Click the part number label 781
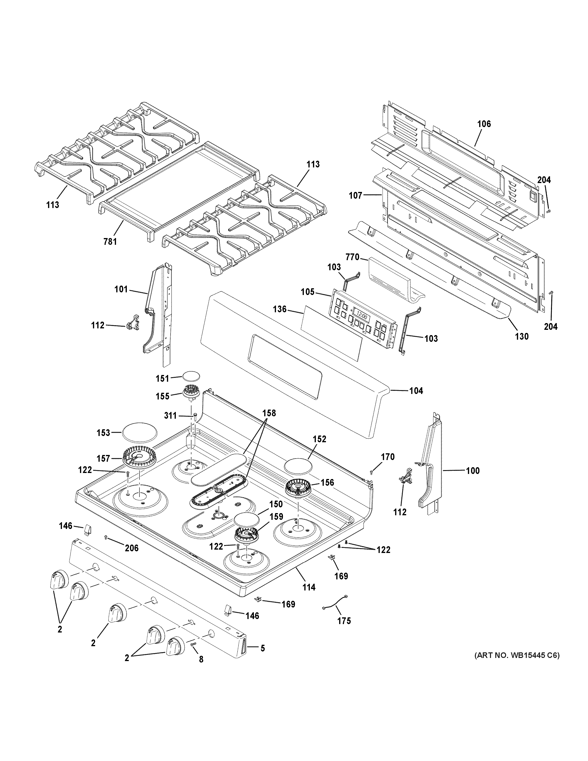coord(110,241)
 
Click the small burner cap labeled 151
coord(191,376)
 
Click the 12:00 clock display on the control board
coord(361,316)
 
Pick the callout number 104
coord(416,391)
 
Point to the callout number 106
coord(484,124)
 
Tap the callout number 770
coord(353,258)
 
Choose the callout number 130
coord(521,336)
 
